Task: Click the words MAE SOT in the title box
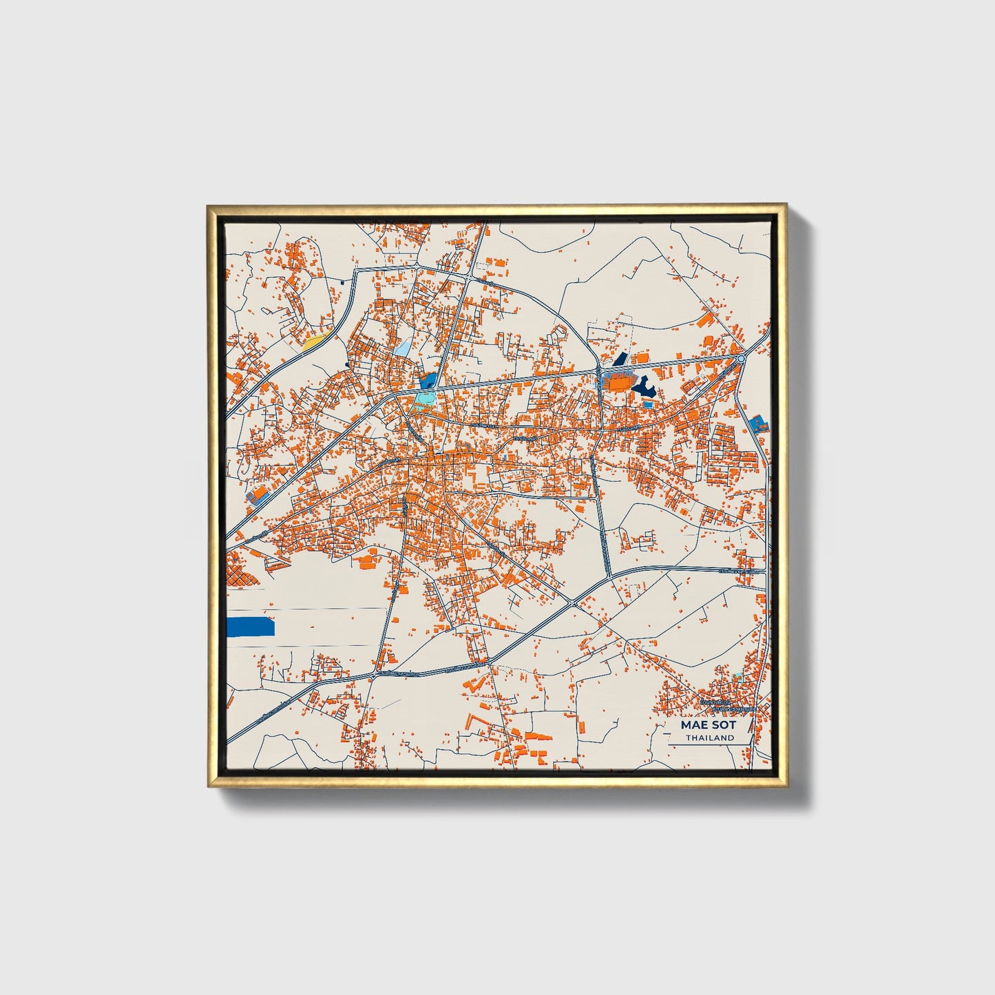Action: (x=709, y=725)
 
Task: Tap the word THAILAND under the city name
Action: (x=709, y=737)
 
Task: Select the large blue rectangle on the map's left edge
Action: (x=251, y=627)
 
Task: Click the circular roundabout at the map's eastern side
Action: (x=741, y=359)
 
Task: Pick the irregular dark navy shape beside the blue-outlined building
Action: (x=645, y=388)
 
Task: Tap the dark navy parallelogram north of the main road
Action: (x=620, y=359)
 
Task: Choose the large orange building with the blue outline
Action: (x=617, y=381)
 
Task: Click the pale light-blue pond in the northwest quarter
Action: (x=402, y=347)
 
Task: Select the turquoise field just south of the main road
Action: (x=425, y=399)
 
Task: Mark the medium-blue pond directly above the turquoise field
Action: (x=428, y=381)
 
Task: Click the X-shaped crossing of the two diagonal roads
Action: (x=574, y=603)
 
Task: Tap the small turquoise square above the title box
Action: (x=740, y=676)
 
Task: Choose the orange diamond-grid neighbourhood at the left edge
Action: (x=240, y=572)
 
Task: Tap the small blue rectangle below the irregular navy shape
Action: (x=649, y=404)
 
